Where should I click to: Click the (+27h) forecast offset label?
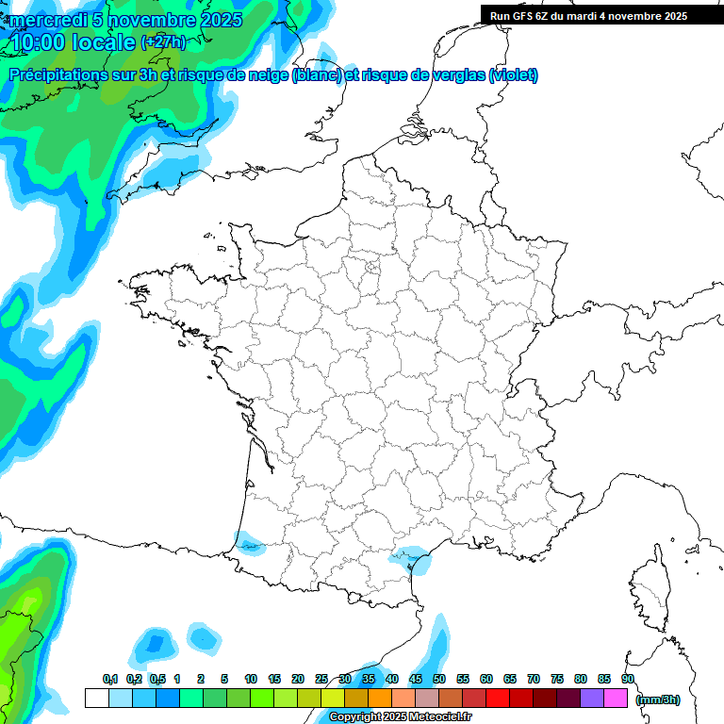click(163, 42)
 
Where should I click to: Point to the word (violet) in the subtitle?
click(514, 75)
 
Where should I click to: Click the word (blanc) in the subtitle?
click(317, 75)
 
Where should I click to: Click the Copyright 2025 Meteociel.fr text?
click(401, 717)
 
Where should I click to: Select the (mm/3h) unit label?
click(658, 699)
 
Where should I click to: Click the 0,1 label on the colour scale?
click(110, 680)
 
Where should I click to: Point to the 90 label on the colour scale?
click(628, 680)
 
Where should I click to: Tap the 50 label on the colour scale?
click(439, 680)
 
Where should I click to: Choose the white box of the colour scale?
click(96, 699)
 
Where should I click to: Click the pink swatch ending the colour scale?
click(616, 699)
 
